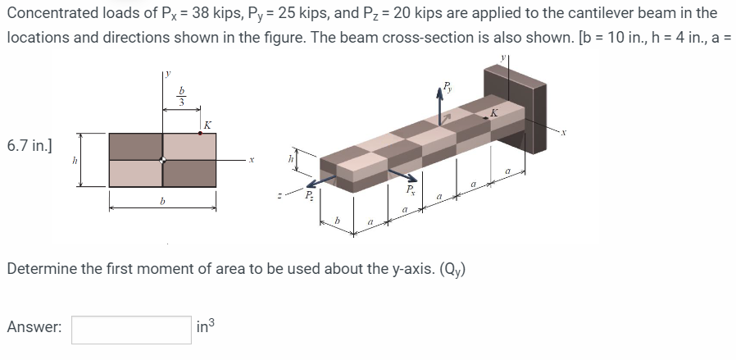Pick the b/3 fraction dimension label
(x=183, y=96)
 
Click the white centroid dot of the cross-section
(x=163, y=159)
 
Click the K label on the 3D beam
(x=494, y=112)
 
